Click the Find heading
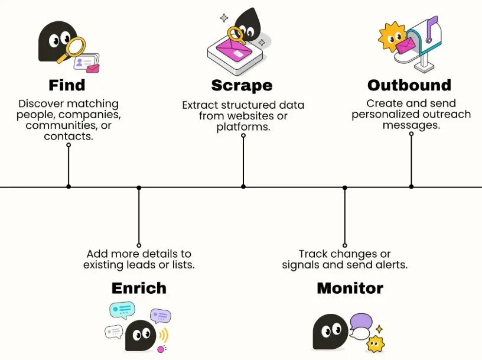[67, 85]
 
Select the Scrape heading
[242, 86]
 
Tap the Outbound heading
[409, 85]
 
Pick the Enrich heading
[139, 288]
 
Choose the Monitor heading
[350, 288]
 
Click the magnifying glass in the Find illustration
[73, 48]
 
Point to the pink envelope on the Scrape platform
[235, 49]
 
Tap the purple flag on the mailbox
[431, 28]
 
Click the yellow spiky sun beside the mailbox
[390, 36]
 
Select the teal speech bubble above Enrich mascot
[122, 310]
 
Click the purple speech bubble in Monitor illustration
[361, 322]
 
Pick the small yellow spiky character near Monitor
[375, 343]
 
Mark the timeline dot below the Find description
[69, 186]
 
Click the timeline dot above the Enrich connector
[139, 187]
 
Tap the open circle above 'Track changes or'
[345, 245]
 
